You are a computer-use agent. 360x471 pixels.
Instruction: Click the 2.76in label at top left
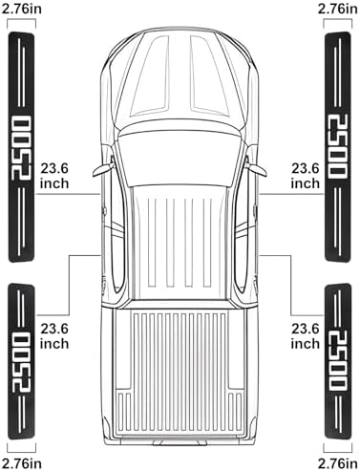pos(22,9)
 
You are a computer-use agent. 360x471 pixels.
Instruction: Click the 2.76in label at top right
pos(337,9)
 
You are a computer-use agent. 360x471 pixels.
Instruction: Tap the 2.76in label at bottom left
pos(22,462)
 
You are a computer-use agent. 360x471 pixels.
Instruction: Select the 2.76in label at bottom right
pos(337,462)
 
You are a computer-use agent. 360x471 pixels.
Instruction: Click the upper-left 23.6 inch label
pos(54,176)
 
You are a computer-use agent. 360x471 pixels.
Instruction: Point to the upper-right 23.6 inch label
pos(306,176)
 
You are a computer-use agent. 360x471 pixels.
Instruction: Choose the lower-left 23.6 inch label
pos(54,336)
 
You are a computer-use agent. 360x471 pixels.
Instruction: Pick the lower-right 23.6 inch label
pos(306,336)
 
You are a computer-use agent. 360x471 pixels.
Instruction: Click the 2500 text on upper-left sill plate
pos(21,148)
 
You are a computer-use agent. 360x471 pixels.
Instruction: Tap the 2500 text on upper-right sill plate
pos(338,147)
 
